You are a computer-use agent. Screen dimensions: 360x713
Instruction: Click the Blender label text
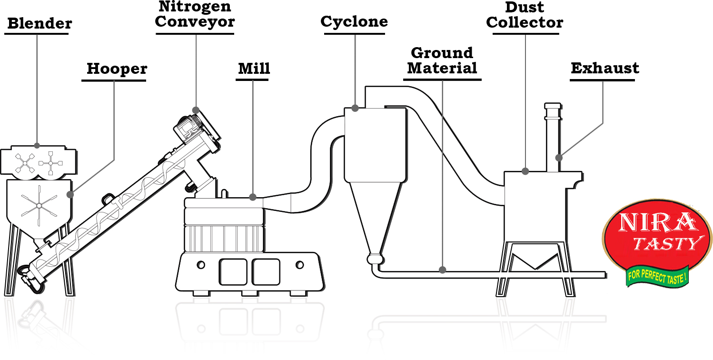(x=40, y=23)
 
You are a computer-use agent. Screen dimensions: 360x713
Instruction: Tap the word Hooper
(x=117, y=69)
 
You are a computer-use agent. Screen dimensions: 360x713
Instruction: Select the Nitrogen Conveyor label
(x=196, y=14)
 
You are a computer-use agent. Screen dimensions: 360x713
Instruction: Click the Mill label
(x=254, y=69)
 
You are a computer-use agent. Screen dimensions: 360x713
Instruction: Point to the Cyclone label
(x=354, y=21)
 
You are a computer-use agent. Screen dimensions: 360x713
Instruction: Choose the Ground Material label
(x=442, y=60)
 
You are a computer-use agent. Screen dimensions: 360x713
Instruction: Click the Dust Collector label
(x=525, y=15)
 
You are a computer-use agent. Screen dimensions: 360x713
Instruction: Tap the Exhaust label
(x=604, y=68)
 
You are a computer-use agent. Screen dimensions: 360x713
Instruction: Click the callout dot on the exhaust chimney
(x=559, y=158)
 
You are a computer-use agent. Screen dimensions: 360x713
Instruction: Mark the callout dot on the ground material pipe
(x=443, y=270)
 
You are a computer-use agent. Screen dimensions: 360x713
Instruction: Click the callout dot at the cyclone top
(x=355, y=109)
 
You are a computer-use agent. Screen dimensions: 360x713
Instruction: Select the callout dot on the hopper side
(x=70, y=194)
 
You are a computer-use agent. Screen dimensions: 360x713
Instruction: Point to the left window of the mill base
(x=233, y=271)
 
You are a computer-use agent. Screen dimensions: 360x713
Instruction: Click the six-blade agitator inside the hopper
(x=38, y=206)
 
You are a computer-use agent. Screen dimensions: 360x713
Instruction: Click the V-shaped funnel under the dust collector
(x=533, y=260)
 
